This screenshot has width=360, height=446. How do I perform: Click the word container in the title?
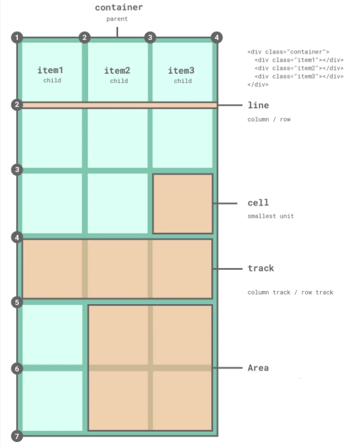[x=118, y=8]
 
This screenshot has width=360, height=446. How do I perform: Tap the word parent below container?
[x=118, y=19]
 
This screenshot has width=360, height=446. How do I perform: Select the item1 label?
[x=51, y=70]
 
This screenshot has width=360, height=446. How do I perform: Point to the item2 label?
[x=117, y=71]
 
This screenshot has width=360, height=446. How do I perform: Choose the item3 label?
[x=181, y=71]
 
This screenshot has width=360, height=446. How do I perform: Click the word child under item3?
[x=183, y=81]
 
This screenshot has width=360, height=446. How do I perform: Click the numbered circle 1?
[x=17, y=38]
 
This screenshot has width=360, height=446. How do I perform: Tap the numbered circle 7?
[x=17, y=436]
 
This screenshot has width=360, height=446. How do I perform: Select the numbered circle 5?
[x=17, y=302]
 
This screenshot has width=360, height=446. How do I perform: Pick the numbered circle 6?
[x=17, y=369]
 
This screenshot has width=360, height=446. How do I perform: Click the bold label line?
[x=258, y=105]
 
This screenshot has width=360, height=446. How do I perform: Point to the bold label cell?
[x=258, y=203]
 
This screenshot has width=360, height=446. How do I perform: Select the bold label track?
[x=261, y=268]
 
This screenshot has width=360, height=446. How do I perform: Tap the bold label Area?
[x=258, y=368]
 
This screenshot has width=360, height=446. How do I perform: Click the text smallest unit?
[x=271, y=216]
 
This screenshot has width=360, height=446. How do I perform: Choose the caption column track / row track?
[x=290, y=292]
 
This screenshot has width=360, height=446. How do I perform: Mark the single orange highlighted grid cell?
[x=183, y=204]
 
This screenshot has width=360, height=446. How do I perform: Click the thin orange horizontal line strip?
[x=119, y=105]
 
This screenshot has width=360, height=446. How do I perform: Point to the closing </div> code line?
[x=258, y=84]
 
